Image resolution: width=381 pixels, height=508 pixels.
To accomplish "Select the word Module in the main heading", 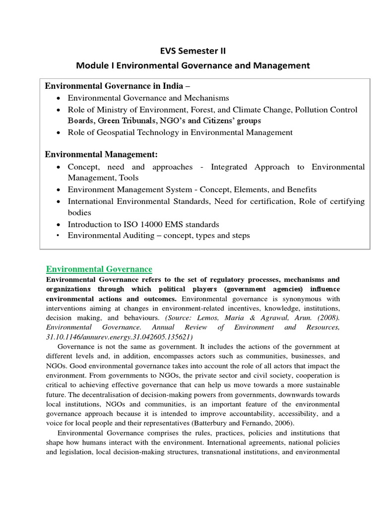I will (x=91, y=65).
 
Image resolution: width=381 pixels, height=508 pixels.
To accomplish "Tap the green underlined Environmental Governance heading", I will (x=99, y=269).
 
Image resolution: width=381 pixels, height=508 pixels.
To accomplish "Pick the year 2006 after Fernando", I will (x=284, y=423).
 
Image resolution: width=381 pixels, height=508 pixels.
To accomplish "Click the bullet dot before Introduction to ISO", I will (x=60, y=225).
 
